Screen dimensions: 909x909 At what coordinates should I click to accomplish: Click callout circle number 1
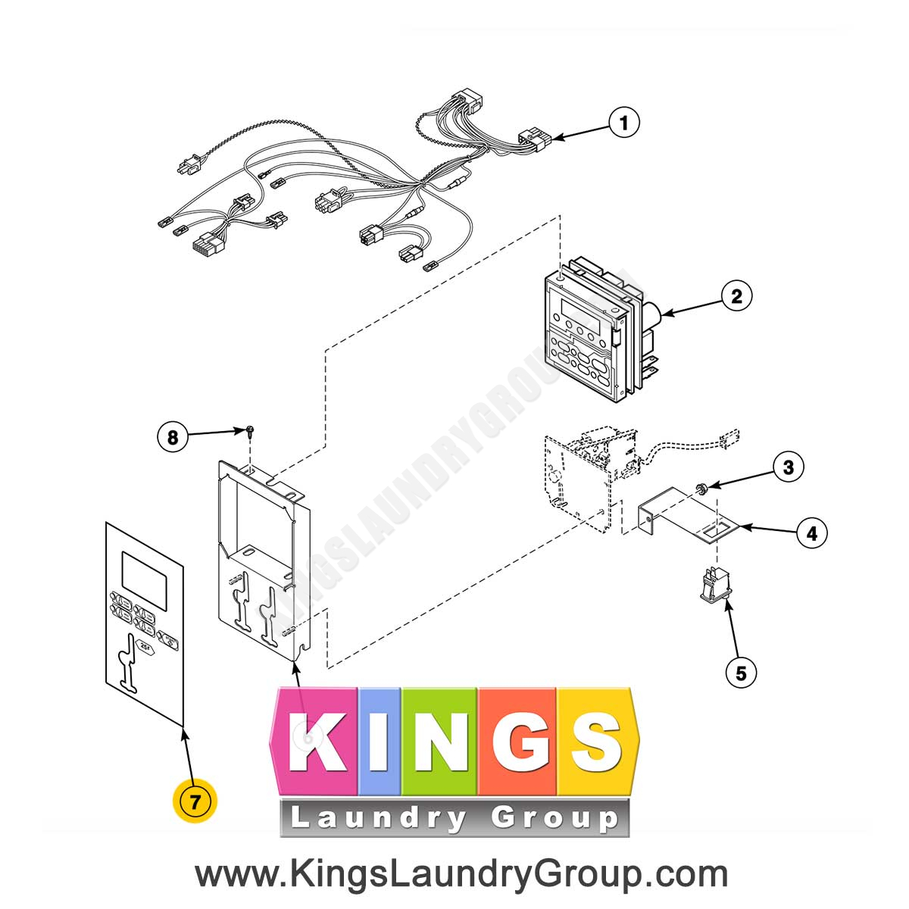pos(623,123)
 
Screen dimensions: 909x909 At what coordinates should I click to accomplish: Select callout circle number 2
pos(736,296)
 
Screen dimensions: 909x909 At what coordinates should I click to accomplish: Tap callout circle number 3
pos(789,467)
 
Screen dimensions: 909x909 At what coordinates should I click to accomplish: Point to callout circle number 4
pos(812,533)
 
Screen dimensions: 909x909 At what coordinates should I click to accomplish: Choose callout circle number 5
pos(741,673)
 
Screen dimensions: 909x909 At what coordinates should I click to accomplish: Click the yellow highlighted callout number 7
pos(195,801)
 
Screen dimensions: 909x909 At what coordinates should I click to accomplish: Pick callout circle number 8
pos(173,437)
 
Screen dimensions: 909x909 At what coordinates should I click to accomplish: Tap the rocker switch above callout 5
pos(716,586)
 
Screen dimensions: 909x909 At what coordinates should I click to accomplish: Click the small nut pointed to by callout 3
pos(701,489)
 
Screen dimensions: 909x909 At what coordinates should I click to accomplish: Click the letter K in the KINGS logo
pos(319,742)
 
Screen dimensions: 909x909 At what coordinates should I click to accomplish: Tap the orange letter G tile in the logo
pos(517,741)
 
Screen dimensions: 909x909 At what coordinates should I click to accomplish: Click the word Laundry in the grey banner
pos(379,819)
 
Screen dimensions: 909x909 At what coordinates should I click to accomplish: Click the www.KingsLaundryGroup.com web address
pos(461,874)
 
